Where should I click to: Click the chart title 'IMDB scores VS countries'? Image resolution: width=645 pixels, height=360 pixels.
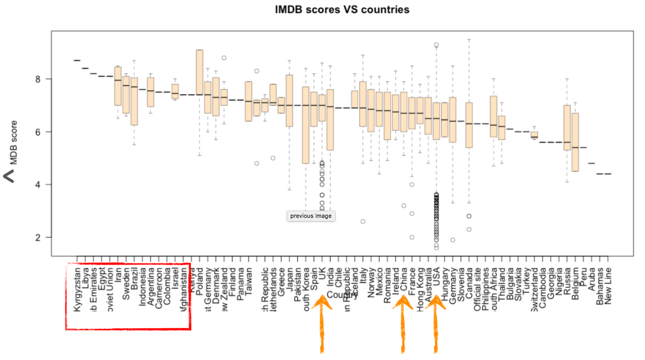[x=342, y=10]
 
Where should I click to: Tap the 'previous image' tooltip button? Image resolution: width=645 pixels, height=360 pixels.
[x=311, y=216]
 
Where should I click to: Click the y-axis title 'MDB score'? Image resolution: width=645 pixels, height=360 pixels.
[x=14, y=143]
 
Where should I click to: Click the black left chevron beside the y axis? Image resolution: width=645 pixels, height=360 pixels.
[x=9, y=177]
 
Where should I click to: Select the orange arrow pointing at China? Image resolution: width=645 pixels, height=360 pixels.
[x=403, y=324]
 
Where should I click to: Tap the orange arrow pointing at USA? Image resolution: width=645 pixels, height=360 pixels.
[x=436, y=324]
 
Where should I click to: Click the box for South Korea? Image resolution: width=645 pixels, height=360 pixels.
[x=306, y=125]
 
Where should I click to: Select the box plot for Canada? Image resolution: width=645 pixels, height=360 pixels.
[x=469, y=125]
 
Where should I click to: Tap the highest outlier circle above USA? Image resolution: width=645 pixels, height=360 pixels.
[x=437, y=45]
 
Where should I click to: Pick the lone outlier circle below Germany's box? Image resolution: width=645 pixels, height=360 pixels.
[x=453, y=240]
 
